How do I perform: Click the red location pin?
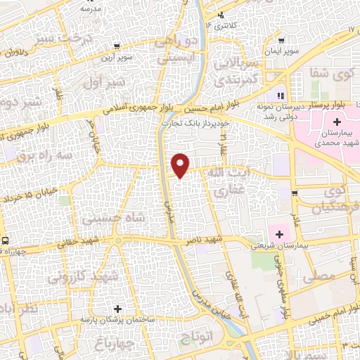pos(181,165)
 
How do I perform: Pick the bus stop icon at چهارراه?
pos(5,241)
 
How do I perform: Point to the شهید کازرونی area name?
pos(79,276)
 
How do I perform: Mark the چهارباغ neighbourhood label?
pos(110,344)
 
